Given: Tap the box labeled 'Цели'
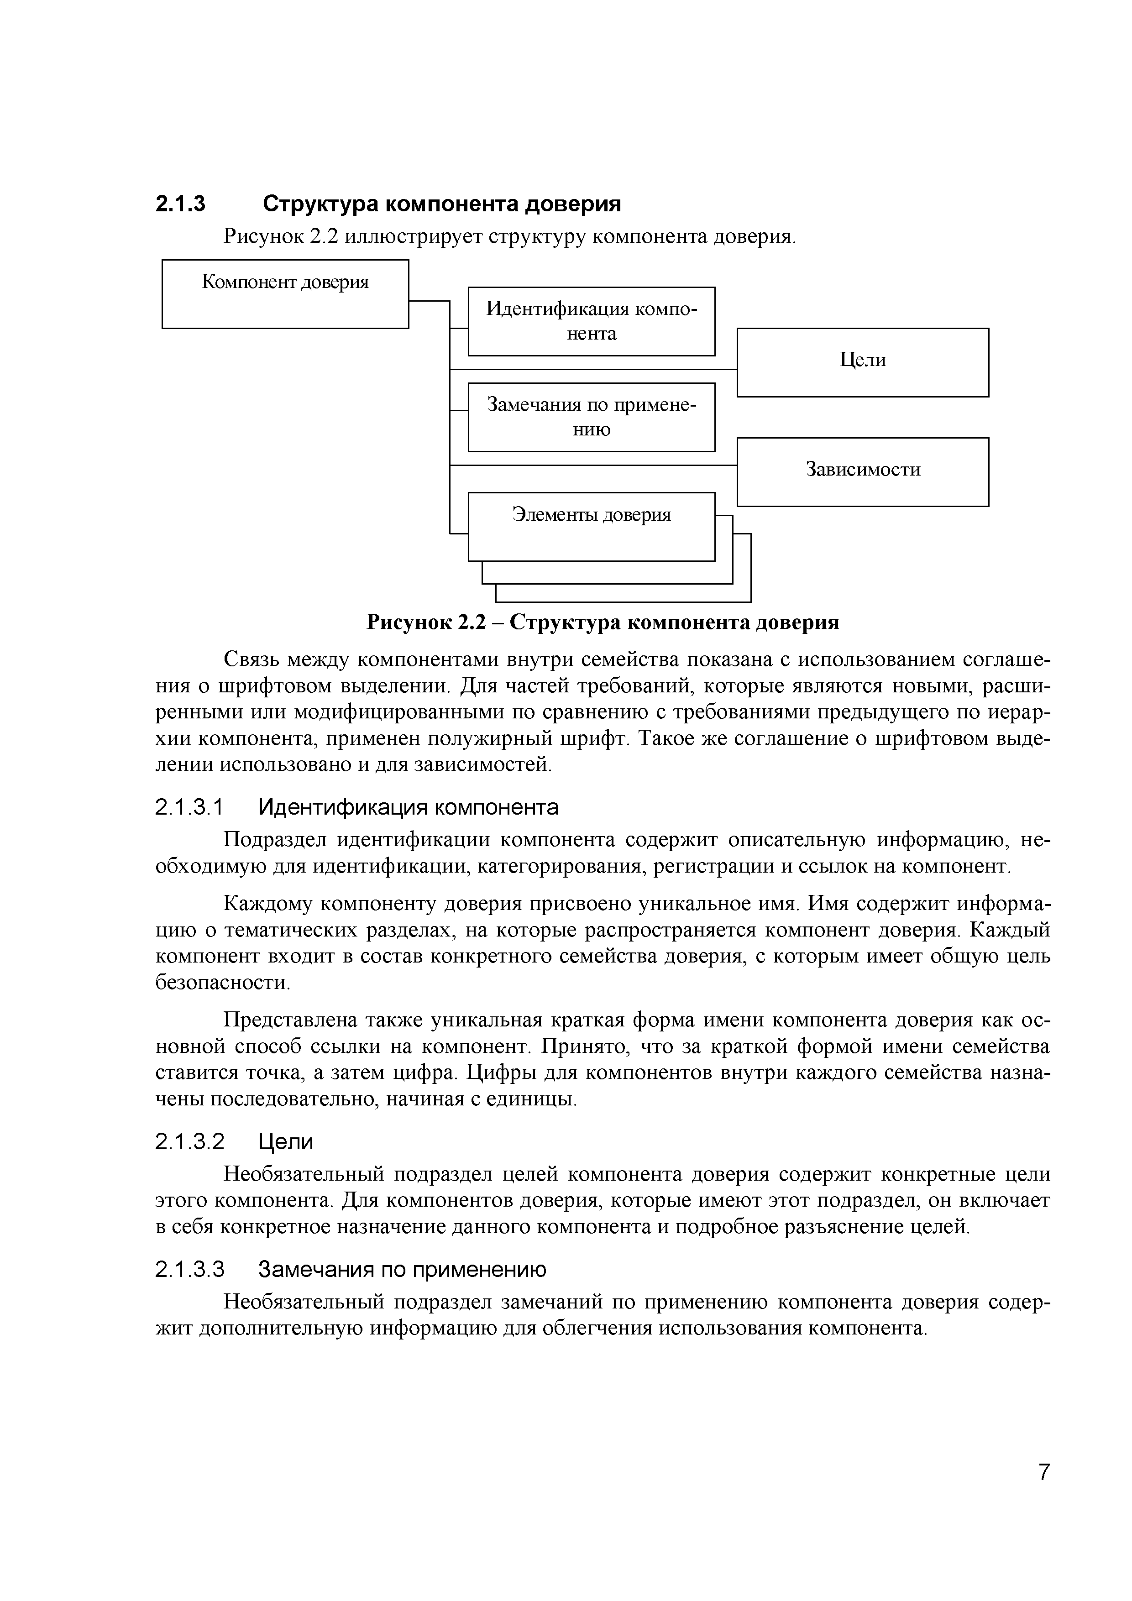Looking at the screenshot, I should [x=862, y=362].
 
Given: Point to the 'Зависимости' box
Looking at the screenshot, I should [x=862, y=471].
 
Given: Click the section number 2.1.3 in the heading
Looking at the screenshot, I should [x=180, y=204].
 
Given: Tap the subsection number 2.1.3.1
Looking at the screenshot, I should [x=189, y=807].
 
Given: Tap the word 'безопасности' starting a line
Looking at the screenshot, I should [x=221, y=983].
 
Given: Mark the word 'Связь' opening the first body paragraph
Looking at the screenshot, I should [x=251, y=659].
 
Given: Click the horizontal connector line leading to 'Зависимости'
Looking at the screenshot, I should [x=593, y=465].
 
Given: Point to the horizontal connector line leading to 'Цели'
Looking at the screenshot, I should [x=593, y=369].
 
